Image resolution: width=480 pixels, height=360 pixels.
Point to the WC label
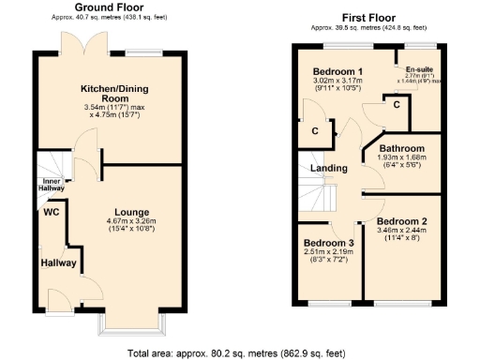click(52, 212)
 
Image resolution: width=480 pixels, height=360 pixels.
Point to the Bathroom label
click(402, 149)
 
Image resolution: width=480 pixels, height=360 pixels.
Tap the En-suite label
click(418, 69)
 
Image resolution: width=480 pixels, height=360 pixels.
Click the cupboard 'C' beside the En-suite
click(397, 105)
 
